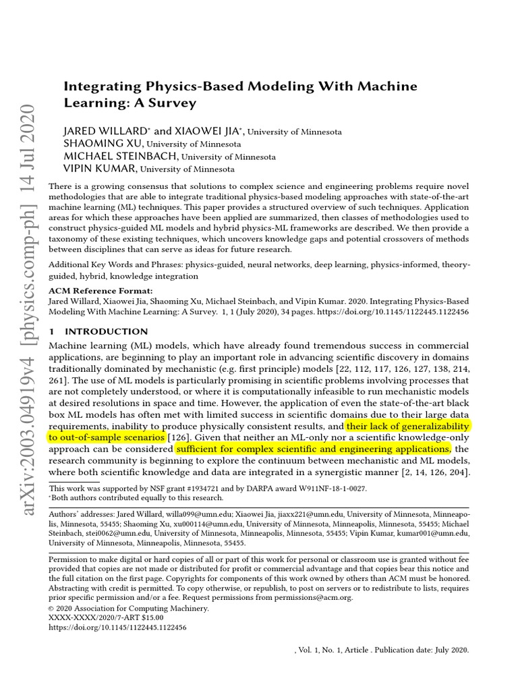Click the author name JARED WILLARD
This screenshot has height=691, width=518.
(101, 131)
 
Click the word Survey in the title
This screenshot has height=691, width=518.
(174, 103)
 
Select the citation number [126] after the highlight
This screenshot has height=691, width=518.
(177, 438)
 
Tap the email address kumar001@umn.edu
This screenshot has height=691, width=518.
(435, 533)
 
